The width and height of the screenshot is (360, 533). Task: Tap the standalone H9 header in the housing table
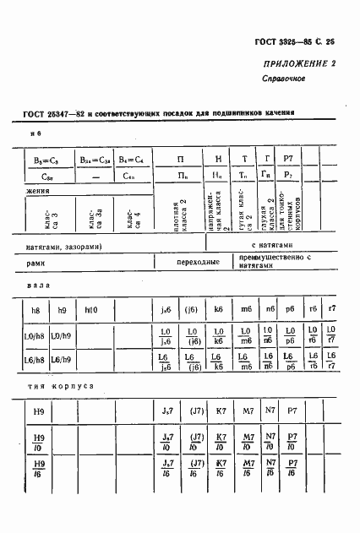37,411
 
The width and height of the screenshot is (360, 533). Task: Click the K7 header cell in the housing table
221,411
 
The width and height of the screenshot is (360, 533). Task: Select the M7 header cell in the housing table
248,411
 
